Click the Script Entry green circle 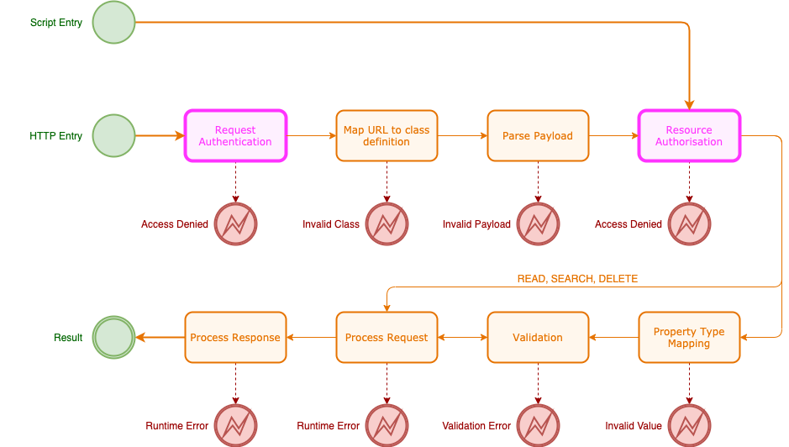[113, 23]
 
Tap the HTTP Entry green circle [113, 135]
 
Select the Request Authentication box [235, 135]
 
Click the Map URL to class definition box [387, 135]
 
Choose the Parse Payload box [538, 135]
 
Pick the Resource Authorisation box [689, 135]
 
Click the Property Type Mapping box [689, 337]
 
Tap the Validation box [538, 337]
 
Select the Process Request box [387, 337]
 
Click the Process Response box [235, 337]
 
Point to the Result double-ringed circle [113, 337]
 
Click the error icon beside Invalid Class [387, 224]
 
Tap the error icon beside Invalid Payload [538, 224]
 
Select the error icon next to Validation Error [538, 425]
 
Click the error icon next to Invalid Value [689, 425]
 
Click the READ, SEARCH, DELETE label [577, 279]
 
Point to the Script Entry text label [56, 23]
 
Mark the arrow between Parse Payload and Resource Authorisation [613, 135]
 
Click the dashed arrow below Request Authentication [235, 181]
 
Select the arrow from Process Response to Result [160, 337]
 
